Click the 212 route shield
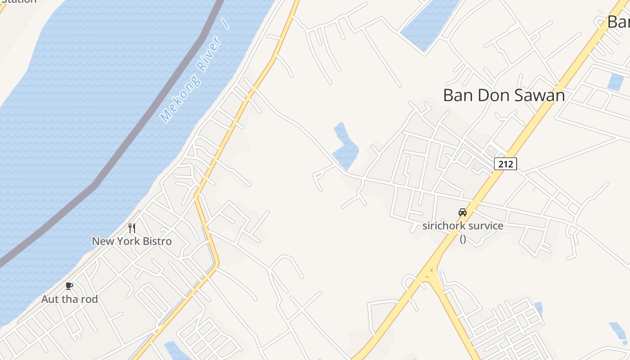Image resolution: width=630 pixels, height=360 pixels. pyautogui.click(x=505, y=164)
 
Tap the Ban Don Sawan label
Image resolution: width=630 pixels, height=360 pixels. pyautogui.click(x=504, y=95)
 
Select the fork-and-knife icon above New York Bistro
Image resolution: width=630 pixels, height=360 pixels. pyautogui.click(x=132, y=228)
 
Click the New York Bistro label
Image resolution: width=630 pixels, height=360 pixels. pyautogui.click(x=132, y=241)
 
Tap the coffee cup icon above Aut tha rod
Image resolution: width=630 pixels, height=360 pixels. pyautogui.click(x=69, y=286)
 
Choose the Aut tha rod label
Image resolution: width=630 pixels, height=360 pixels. pyautogui.click(x=69, y=299)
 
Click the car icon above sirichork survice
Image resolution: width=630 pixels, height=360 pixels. pyautogui.click(x=462, y=212)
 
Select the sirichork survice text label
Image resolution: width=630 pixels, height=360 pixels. pyautogui.click(x=463, y=226)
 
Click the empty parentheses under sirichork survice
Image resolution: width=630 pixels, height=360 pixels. pyautogui.click(x=463, y=238)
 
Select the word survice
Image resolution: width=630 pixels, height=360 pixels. pyautogui.click(x=485, y=226)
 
